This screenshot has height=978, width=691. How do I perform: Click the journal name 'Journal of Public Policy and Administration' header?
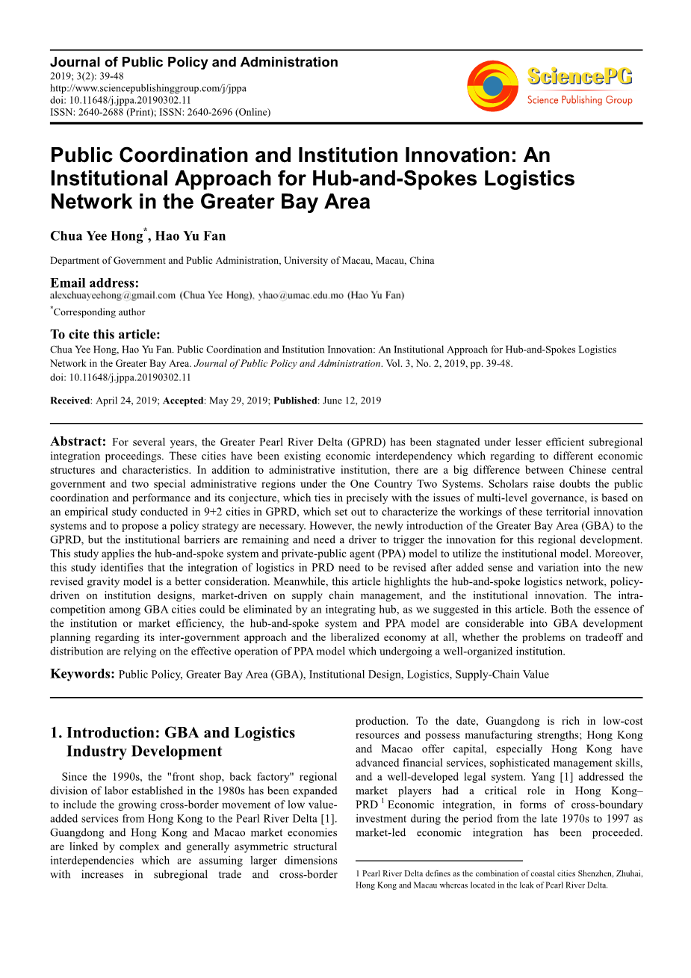pos(193,63)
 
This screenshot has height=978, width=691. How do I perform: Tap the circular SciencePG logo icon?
pos(492,87)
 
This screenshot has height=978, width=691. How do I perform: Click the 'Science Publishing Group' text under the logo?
pos(579,100)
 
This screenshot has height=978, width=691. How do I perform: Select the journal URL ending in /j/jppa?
pos(148,88)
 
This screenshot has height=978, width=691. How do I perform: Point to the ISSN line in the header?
pos(160,112)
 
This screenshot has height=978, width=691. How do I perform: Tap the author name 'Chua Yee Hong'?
pos(96,236)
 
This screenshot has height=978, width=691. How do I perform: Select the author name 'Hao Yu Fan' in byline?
pos(190,236)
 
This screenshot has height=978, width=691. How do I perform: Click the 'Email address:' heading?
pos(94,282)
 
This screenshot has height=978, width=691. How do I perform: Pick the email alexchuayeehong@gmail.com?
pos(113,296)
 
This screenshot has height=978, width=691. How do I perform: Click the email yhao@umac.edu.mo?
pos(301,296)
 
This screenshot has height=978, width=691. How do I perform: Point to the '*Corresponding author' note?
pos(99,312)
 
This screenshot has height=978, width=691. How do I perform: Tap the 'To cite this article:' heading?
pos(105,335)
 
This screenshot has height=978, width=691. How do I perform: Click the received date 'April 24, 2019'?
pos(126,400)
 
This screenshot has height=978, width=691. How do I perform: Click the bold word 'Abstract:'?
pos(78,442)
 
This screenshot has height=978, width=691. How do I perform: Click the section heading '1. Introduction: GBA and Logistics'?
pos(180,733)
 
